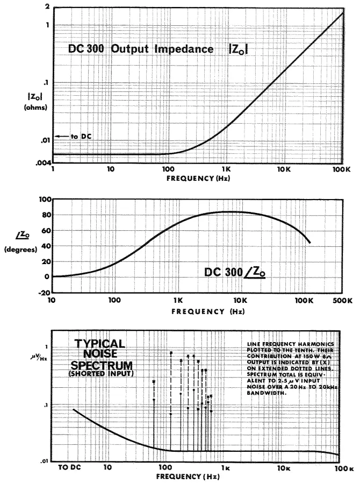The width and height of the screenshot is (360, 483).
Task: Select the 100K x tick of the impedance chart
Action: (x=342, y=169)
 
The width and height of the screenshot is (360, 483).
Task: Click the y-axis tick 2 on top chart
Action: (x=47, y=7)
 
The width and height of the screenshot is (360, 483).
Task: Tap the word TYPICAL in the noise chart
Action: (x=99, y=343)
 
